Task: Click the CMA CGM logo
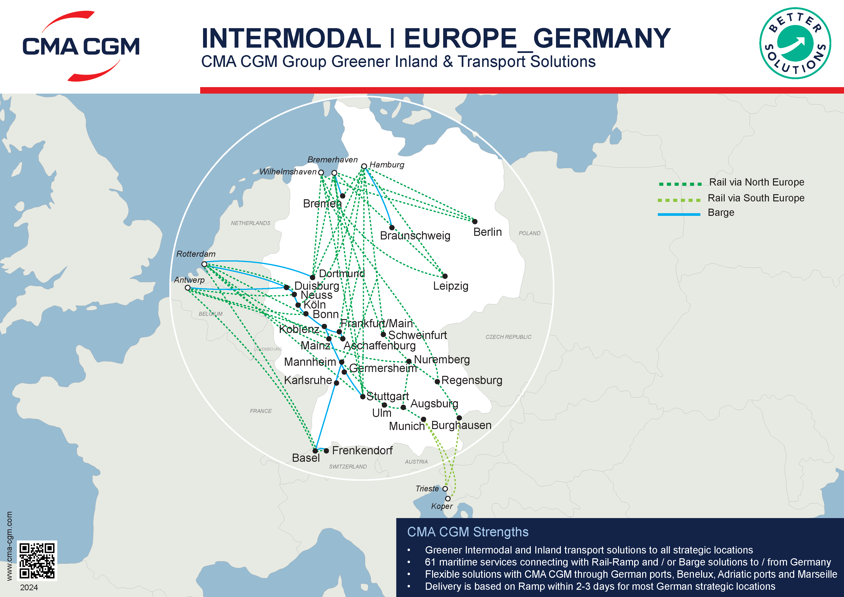pos(81,46)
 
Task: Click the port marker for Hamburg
pos(364,166)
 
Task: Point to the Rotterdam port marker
pos(204,264)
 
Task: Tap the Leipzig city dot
pos(445,276)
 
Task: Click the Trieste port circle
pos(445,488)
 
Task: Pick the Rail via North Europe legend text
pos(756,182)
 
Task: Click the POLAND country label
pos(529,233)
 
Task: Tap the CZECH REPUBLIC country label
pos(508,337)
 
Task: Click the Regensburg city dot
pos(437,382)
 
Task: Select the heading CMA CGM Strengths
pos(467,532)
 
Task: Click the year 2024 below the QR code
pos(29,587)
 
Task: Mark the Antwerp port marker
pos(187,288)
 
